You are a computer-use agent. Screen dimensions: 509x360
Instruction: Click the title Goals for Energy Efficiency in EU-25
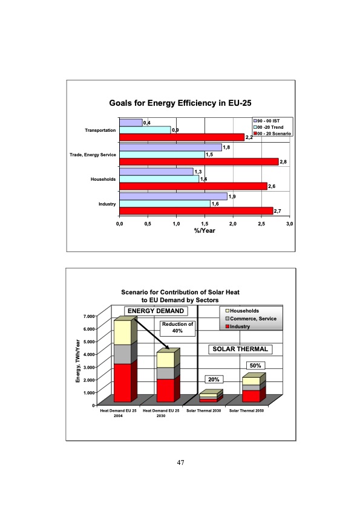pos(180,103)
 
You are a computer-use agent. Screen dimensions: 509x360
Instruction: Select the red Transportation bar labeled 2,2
pos(182,137)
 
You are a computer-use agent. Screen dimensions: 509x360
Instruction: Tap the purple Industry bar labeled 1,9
pos(173,196)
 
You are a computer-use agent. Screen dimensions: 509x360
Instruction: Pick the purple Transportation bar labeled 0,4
pos(131,123)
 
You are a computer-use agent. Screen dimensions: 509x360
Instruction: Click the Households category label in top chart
pos(103,180)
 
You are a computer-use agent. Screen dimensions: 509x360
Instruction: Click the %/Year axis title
pos(205,231)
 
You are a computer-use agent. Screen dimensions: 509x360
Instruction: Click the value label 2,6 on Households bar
pos(271,186)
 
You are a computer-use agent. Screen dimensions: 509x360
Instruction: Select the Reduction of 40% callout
pos(178,327)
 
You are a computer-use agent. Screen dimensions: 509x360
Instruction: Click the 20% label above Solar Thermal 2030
pos(214,379)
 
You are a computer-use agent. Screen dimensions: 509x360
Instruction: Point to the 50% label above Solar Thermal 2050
pos(255,366)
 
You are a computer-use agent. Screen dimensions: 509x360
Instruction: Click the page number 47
pos(180,462)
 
